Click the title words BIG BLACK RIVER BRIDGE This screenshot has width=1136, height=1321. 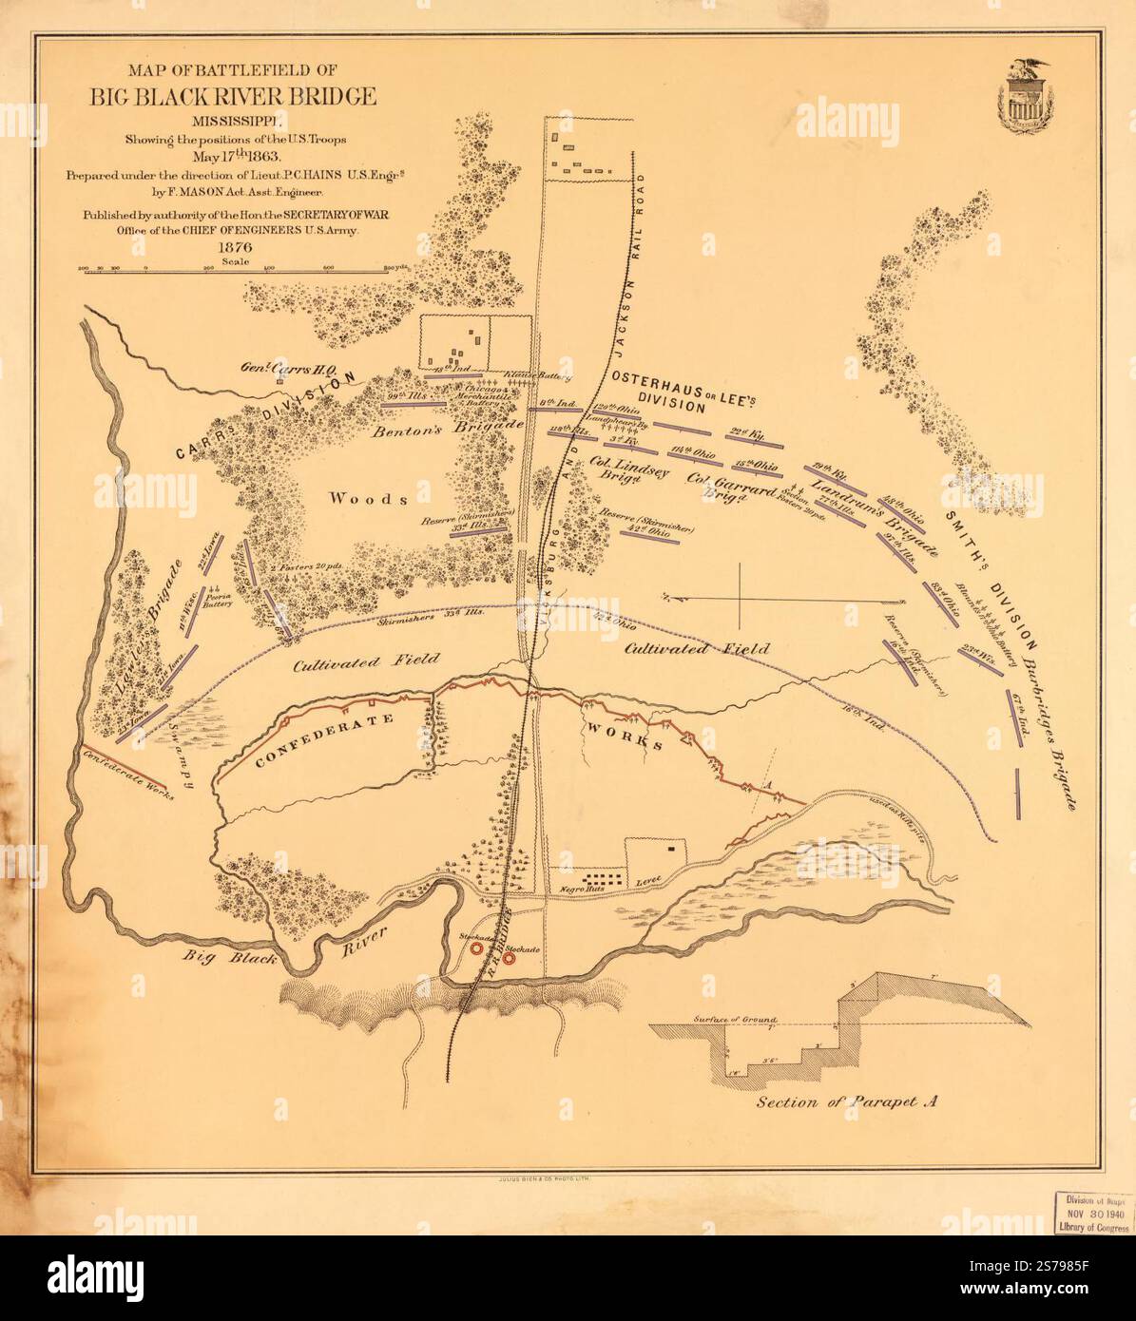click(x=233, y=97)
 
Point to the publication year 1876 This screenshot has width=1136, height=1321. click(x=232, y=248)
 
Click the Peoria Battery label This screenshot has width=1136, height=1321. click(x=218, y=598)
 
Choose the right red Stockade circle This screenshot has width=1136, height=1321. click(x=510, y=959)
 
